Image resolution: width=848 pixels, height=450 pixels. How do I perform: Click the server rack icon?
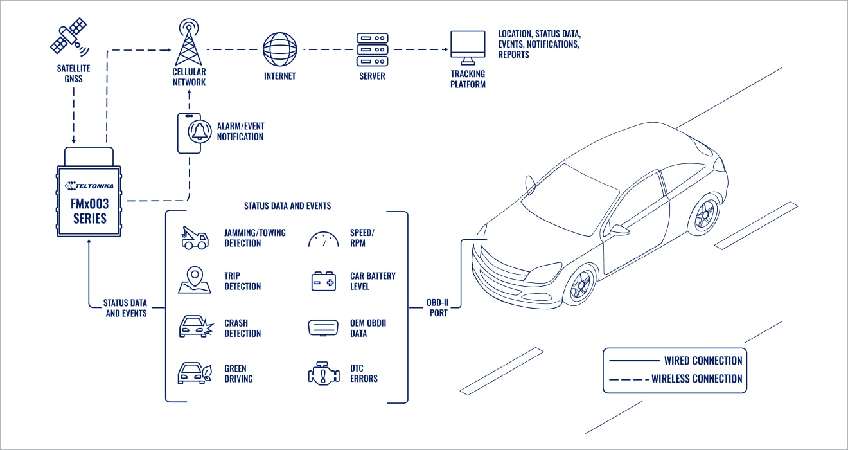pyautogui.click(x=372, y=48)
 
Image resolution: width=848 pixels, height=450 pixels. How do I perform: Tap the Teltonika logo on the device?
pyautogui.click(x=89, y=186)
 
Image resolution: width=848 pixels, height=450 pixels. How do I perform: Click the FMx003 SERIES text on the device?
pyautogui.click(x=89, y=211)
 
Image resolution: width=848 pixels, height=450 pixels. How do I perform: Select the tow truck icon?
pyautogui.click(x=194, y=238)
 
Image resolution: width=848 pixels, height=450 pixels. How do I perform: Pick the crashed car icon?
pyautogui.click(x=194, y=327)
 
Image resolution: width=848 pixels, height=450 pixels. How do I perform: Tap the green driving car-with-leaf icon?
pyautogui.click(x=194, y=373)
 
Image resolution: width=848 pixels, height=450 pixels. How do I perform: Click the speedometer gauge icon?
pyautogui.click(x=324, y=240)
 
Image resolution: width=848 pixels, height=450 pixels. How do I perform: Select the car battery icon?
pyautogui.click(x=324, y=282)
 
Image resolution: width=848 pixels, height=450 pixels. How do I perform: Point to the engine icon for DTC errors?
pyautogui.click(x=324, y=373)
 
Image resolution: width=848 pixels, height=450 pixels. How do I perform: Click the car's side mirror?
pyautogui.click(x=619, y=230)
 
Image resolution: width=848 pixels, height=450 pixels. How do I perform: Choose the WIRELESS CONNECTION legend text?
pyautogui.click(x=696, y=379)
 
